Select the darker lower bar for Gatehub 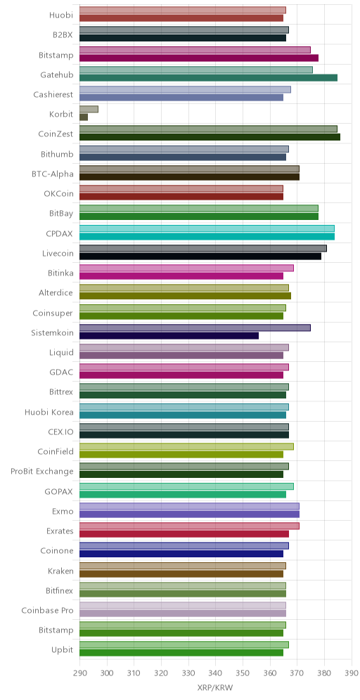click(x=208, y=78)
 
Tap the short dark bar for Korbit click(x=84, y=117)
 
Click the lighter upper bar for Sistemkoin click(x=195, y=328)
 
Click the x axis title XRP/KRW click(x=215, y=687)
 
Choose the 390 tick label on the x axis click(x=352, y=673)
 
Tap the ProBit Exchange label click(x=42, y=471)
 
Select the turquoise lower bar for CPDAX click(x=207, y=236)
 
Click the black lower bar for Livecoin click(x=200, y=257)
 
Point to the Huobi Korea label click(x=49, y=411)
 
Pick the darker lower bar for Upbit click(x=181, y=653)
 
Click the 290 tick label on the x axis click(x=80, y=673)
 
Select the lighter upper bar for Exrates click(x=189, y=526)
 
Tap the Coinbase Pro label click(x=47, y=609)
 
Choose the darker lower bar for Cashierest click(x=181, y=97)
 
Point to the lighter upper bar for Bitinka click(x=187, y=268)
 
